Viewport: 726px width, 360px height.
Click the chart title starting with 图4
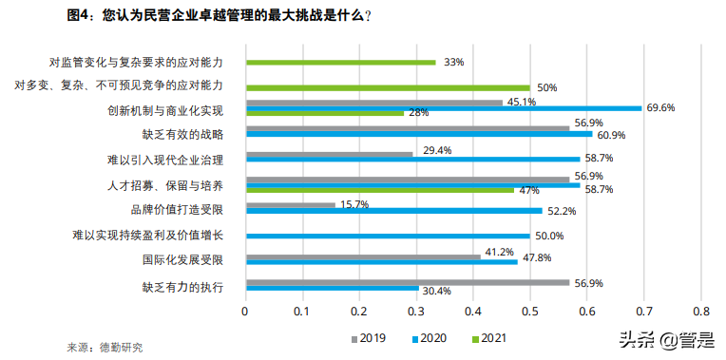point(220,16)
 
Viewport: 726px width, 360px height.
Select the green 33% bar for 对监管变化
point(340,62)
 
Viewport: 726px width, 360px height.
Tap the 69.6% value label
point(659,107)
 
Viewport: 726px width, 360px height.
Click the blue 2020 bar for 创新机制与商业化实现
point(443,108)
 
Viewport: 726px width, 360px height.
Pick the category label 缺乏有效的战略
point(182,133)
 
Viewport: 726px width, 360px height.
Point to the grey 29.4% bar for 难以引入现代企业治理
point(329,152)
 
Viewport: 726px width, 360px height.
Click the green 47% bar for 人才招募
point(379,190)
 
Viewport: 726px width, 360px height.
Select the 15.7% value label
point(354,204)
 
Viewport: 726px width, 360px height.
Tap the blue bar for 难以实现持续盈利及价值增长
point(388,236)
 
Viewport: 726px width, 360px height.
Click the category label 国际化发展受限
point(182,259)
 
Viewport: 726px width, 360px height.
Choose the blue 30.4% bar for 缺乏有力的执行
point(332,287)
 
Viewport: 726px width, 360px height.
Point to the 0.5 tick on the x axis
point(530,312)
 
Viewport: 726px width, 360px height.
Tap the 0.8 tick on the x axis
point(701,312)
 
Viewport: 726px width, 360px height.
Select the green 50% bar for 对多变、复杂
point(388,86)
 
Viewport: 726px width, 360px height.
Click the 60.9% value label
point(612,136)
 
